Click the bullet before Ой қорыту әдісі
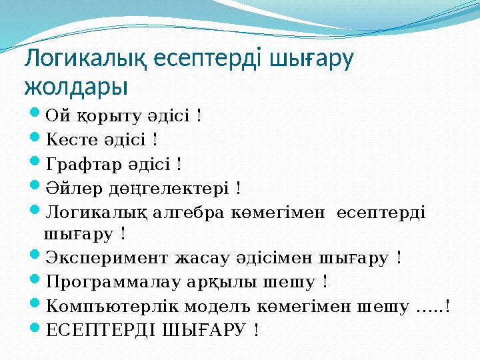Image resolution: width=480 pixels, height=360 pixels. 37,115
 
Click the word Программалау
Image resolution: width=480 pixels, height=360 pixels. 109,282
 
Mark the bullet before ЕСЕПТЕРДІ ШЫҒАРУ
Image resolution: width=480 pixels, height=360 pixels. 37,329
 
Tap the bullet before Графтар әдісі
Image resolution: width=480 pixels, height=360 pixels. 37,163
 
